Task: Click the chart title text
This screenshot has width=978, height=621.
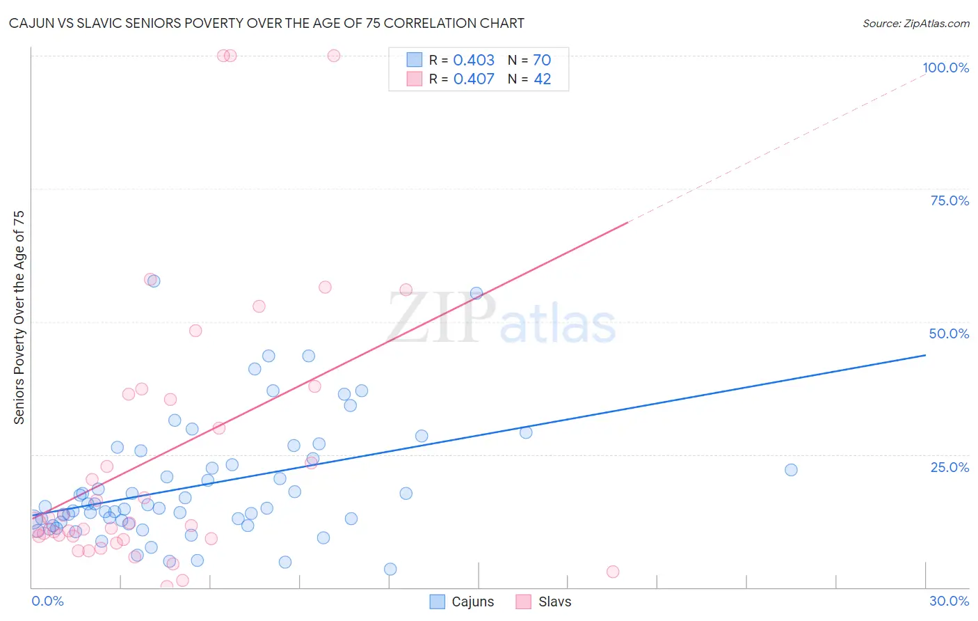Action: (266, 23)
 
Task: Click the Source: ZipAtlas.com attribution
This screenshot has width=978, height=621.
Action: (915, 23)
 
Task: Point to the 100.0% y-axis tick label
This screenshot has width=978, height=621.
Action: (945, 68)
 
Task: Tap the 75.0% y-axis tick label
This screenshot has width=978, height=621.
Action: (949, 201)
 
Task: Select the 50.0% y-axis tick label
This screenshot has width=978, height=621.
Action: (949, 333)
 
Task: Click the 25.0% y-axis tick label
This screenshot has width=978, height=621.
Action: (949, 466)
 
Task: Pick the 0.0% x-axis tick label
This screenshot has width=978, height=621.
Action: (47, 601)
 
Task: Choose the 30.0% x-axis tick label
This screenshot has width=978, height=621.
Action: (949, 601)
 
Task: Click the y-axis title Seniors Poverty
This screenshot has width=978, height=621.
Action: (19, 317)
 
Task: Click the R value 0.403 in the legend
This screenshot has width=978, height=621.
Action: (474, 60)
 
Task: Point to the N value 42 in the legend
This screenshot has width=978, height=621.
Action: (543, 79)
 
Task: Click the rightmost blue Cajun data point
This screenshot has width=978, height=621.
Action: (791, 470)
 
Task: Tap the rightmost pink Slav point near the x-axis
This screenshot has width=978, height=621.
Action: (613, 572)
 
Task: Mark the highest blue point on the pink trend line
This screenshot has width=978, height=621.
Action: (476, 293)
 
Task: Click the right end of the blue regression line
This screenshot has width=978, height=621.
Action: (925, 355)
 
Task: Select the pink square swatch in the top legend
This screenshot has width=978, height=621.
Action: (415, 79)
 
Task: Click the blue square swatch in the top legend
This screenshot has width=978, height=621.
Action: (415, 60)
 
